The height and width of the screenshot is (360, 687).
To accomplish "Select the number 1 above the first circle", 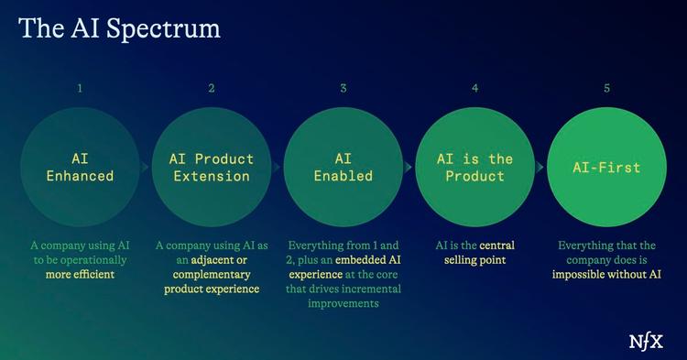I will (80, 89).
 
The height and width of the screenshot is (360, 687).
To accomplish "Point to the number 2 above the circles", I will (212, 89).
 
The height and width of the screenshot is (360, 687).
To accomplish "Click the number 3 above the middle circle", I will (343, 89).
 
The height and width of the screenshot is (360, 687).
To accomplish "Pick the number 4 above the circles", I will (474, 89).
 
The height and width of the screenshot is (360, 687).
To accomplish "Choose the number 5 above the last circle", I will (606, 89).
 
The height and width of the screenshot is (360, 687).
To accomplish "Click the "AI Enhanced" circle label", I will (80, 167).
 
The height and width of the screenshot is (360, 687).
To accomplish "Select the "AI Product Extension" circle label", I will (212, 167).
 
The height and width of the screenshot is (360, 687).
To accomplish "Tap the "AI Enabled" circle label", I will (343, 167).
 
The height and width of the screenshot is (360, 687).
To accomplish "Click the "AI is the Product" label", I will (474, 167).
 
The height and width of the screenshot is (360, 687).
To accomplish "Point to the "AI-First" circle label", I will (606, 168).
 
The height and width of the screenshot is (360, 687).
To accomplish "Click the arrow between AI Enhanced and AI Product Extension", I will (146, 168).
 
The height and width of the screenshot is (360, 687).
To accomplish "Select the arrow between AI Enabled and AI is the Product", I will (409, 168).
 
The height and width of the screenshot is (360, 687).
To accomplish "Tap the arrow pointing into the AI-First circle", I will (540, 168).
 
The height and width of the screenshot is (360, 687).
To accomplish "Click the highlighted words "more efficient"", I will (80, 274).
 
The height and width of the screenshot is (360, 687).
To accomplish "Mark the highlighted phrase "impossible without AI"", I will (606, 274).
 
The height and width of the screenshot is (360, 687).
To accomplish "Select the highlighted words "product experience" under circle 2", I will (212, 289).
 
